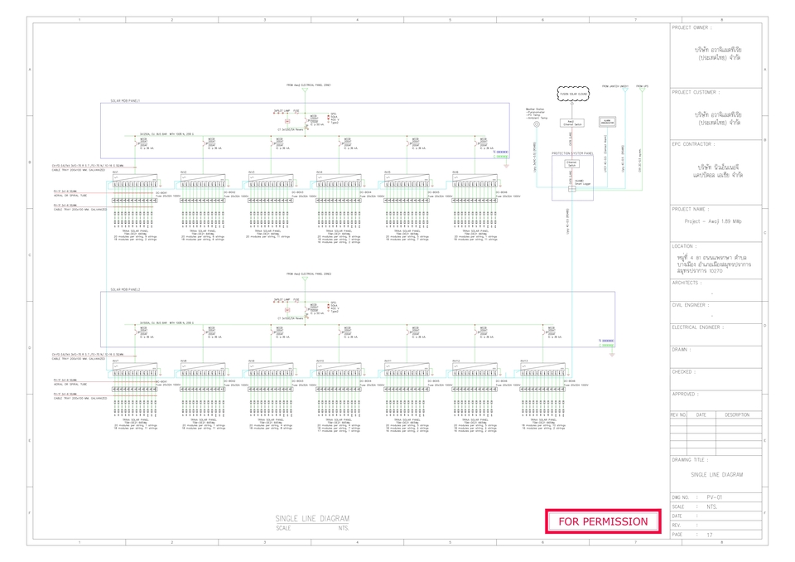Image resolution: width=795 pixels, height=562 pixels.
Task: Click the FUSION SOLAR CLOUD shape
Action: pos(572,94)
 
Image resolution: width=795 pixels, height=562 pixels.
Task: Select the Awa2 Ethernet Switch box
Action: pos(571,122)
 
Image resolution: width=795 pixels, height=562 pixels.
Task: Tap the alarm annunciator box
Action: pos(607,121)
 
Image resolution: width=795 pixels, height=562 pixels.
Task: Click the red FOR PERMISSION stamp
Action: pos(603,521)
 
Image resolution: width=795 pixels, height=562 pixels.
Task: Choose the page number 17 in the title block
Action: pos(709,535)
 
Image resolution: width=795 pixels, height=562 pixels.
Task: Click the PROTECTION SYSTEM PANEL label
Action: pos(571,153)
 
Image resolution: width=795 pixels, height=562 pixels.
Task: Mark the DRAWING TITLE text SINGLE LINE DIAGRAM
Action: pos(715,474)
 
